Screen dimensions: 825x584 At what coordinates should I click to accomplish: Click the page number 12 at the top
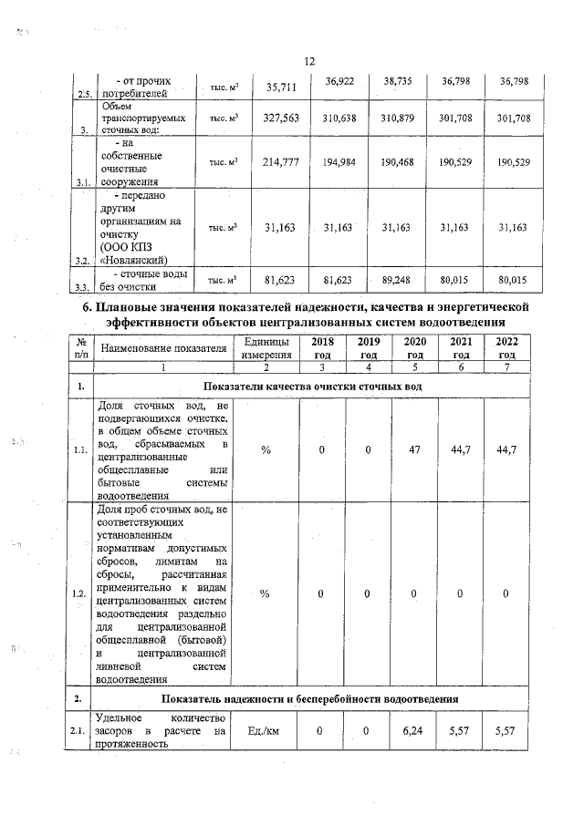click(x=308, y=60)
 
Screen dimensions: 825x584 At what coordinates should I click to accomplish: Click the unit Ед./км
click(x=266, y=731)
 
